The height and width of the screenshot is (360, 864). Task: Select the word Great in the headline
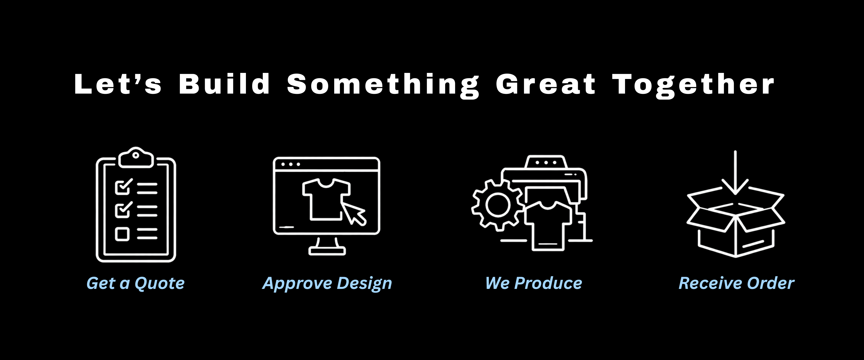coord(546,84)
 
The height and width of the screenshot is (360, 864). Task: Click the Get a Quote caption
coord(135,283)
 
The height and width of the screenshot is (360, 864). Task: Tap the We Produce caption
coord(534,283)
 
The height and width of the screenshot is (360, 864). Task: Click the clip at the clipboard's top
coord(136,157)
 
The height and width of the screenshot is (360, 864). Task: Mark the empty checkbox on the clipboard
coord(122,234)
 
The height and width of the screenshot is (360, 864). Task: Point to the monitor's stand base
coord(327,251)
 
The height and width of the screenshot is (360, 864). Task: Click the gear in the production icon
coord(498,205)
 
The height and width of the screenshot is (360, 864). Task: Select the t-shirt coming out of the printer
coord(548,225)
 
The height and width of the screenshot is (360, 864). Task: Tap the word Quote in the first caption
coord(160,283)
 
